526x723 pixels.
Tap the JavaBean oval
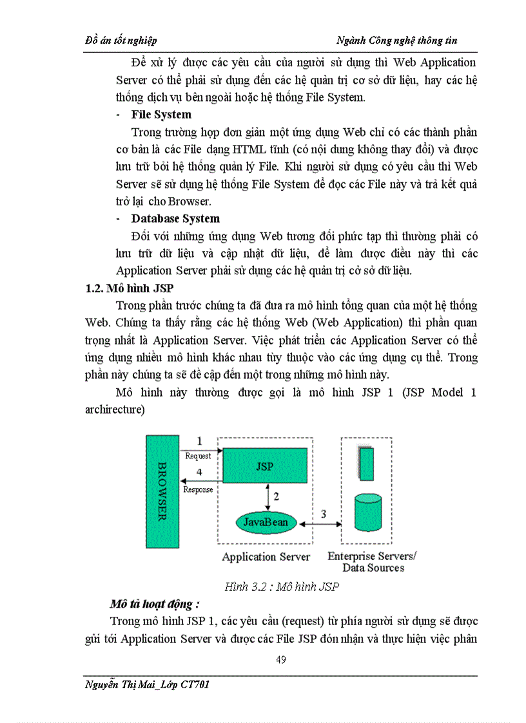(x=266, y=521)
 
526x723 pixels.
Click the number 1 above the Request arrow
(x=199, y=442)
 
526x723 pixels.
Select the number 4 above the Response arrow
(x=199, y=473)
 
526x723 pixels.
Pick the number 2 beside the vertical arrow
(x=276, y=496)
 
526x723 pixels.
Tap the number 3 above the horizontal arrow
(x=324, y=513)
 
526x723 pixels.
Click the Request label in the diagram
(x=198, y=456)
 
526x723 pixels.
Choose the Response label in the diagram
(x=199, y=490)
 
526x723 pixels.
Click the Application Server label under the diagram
(x=266, y=557)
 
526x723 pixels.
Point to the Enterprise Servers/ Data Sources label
(x=373, y=562)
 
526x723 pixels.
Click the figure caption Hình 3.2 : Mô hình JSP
(x=281, y=587)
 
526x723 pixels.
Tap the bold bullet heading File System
(x=161, y=115)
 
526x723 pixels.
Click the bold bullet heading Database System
(x=175, y=218)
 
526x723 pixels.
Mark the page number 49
(x=280, y=659)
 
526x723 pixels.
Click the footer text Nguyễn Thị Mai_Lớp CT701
(x=147, y=684)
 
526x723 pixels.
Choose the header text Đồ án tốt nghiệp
(x=121, y=41)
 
